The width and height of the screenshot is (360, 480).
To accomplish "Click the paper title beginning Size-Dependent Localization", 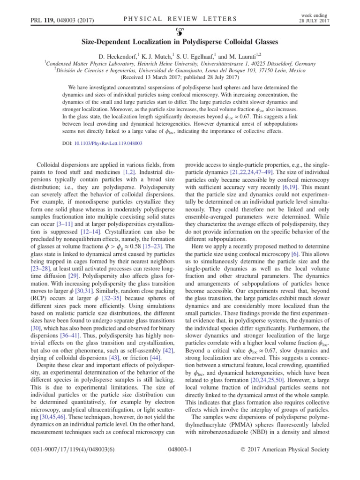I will point(180,42).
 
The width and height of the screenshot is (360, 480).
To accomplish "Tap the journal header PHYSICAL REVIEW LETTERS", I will point(180,19).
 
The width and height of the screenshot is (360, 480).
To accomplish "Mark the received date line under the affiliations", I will point(180,78).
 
